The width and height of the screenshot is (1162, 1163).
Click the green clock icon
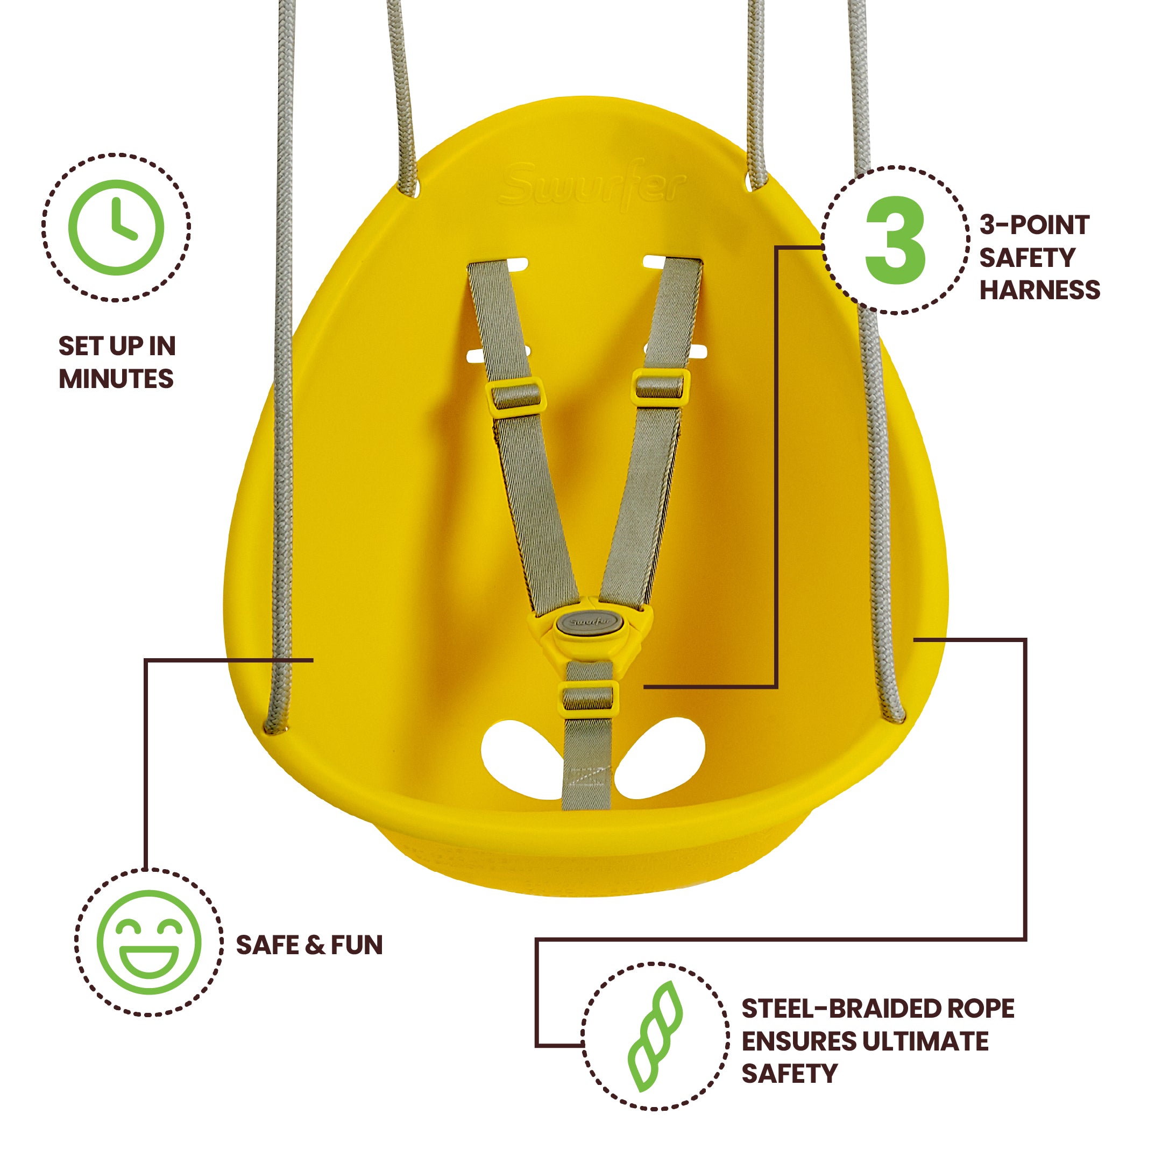(116, 228)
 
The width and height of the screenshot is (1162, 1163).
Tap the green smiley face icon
(149, 943)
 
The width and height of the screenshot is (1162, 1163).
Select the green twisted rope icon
(655, 1037)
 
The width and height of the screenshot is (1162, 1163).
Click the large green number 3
(895, 239)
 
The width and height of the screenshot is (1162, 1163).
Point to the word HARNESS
(1040, 290)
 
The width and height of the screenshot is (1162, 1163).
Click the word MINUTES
(116, 379)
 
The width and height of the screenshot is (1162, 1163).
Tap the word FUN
(356, 945)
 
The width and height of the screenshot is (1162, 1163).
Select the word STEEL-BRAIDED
(833, 1009)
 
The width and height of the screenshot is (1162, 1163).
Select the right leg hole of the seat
(660, 757)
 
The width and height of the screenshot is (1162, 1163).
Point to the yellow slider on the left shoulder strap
(516, 397)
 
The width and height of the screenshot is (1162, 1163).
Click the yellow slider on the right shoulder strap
(660, 386)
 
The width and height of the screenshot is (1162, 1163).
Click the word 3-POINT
(1035, 225)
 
